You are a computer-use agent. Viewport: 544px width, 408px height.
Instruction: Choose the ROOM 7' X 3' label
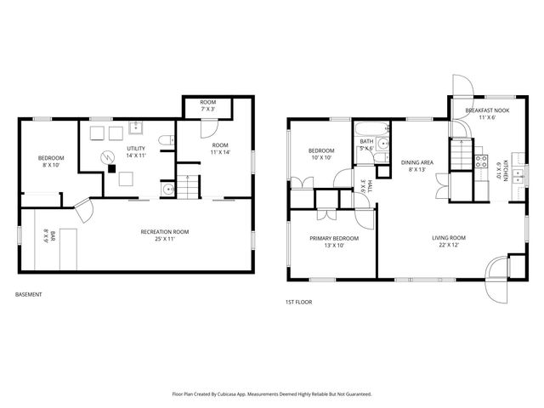point(207,105)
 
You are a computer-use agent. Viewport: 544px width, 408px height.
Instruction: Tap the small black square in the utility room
point(111,168)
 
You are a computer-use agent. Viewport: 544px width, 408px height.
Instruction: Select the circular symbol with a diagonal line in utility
point(106,156)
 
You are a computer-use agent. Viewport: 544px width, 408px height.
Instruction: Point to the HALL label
point(365,188)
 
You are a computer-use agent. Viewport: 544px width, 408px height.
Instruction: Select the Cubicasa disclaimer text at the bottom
point(271,394)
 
